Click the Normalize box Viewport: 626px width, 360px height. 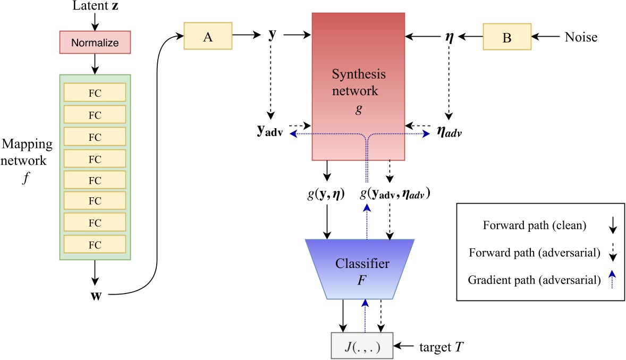click(95, 43)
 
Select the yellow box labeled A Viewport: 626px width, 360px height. click(208, 36)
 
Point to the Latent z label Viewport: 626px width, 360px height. click(95, 7)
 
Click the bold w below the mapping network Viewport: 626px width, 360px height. click(95, 293)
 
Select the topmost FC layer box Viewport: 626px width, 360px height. click(95, 93)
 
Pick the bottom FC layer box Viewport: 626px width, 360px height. click(95, 245)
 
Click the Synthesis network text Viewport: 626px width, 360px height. click(359, 82)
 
